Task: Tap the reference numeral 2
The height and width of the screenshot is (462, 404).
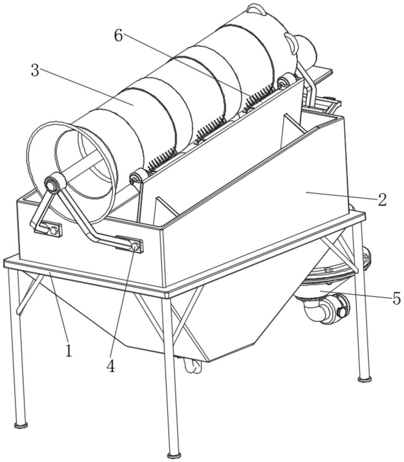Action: pyautogui.click(x=382, y=200)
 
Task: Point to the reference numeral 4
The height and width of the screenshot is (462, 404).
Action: pyautogui.click(x=110, y=365)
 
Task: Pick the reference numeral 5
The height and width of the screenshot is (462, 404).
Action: pyautogui.click(x=397, y=299)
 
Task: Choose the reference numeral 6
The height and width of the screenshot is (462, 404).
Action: pyautogui.click(x=118, y=36)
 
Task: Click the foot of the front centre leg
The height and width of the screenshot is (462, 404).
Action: pyautogui.click(x=173, y=456)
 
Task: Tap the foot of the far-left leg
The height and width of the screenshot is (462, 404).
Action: pyautogui.click(x=21, y=424)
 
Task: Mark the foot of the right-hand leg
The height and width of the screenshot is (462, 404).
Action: pyautogui.click(x=365, y=379)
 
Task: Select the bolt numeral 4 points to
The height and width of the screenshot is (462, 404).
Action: pyautogui.click(x=135, y=246)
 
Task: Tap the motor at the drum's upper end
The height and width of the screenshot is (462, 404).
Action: pyautogui.click(x=305, y=49)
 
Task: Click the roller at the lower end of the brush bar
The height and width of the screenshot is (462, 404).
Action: pyautogui.click(x=136, y=176)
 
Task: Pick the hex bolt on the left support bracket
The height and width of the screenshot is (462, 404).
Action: pyautogui.click(x=53, y=230)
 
